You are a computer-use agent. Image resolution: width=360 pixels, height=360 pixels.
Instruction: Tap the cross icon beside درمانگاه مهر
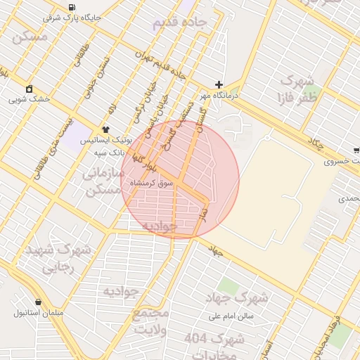click(x=219, y=84)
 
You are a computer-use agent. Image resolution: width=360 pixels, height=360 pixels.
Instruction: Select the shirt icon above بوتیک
click(x=105, y=129)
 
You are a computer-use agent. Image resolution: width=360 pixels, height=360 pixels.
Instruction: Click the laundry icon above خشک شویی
click(x=29, y=89)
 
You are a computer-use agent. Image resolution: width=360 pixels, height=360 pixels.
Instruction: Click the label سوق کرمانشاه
click(x=151, y=183)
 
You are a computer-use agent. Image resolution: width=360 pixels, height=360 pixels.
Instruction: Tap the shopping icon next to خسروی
click(x=356, y=150)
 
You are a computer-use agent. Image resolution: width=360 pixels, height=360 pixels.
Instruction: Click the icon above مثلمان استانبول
click(x=37, y=302)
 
